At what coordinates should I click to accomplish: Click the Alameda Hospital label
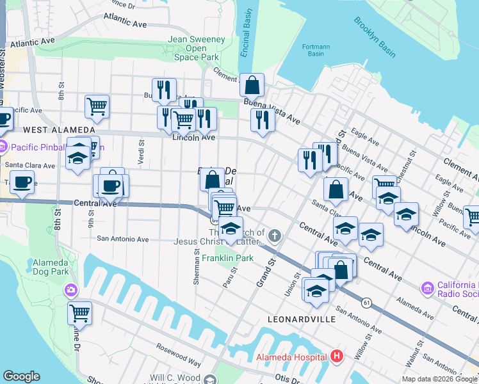point(291,356)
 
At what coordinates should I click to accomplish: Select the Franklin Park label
point(228,258)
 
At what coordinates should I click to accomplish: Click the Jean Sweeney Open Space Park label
point(197,48)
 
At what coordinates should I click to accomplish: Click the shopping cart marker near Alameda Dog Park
point(79,314)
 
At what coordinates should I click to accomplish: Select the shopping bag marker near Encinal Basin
point(253,84)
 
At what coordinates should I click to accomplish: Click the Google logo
point(21,376)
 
